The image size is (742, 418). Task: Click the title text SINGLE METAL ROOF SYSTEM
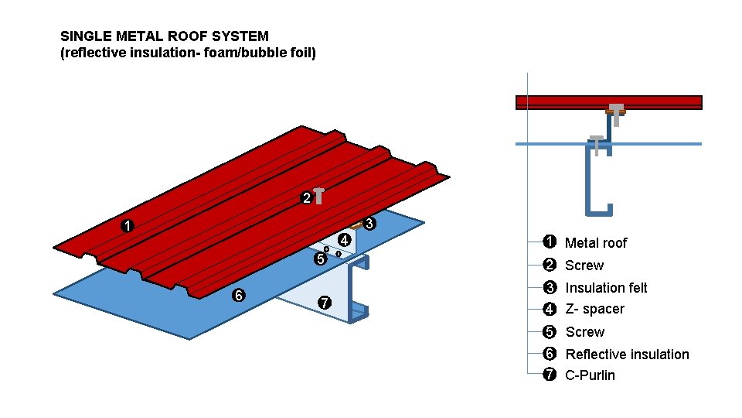[x=165, y=36]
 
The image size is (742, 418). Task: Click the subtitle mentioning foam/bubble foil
[x=188, y=53]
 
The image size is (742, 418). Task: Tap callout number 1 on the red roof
[x=128, y=227]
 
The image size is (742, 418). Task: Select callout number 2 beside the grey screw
[x=306, y=198]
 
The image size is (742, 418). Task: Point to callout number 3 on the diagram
[x=369, y=224]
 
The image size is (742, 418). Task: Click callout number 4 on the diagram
[x=345, y=240]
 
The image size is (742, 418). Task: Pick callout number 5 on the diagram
[x=320, y=260]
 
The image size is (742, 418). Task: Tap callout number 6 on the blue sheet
[x=239, y=296]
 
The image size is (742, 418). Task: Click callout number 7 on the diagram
[x=325, y=302]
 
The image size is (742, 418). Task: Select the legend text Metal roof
[x=596, y=243]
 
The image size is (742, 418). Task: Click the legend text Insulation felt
[x=606, y=288]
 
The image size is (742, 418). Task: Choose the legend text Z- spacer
[x=594, y=310]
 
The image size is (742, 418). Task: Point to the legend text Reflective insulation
[x=627, y=355]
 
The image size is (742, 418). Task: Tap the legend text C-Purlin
[x=591, y=375]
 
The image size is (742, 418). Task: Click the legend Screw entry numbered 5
[x=584, y=332]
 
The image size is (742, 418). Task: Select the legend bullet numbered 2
[x=550, y=266]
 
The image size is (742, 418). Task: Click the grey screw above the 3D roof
[x=318, y=196]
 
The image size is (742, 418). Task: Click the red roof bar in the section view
[x=564, y=102]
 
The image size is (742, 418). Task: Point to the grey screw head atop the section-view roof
[x=616, y=108]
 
